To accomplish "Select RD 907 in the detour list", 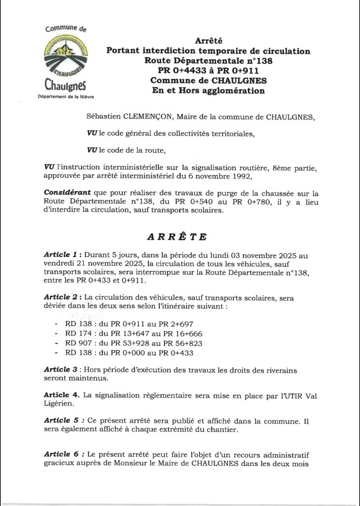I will [79, 343].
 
